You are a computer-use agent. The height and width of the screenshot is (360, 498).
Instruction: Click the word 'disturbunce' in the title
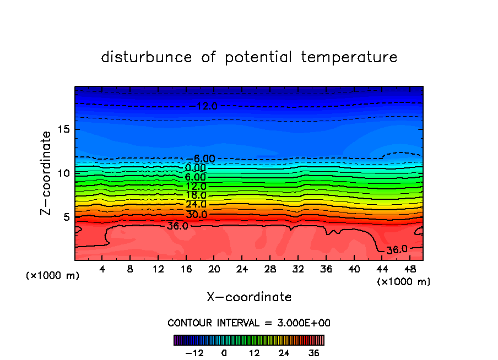(147, 57)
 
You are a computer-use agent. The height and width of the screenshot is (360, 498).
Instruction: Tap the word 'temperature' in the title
(349, 57)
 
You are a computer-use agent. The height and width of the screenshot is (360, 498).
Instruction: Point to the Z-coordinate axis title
(46, 173)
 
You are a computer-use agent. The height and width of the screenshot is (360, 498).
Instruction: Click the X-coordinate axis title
(249, 297)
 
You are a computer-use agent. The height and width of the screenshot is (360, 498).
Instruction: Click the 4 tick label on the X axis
(102, 269)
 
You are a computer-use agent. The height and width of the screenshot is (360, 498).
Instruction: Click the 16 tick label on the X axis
(186, 269)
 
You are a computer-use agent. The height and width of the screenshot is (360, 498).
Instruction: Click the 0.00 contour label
(196, 168)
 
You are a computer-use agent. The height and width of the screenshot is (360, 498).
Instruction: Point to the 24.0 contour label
(196, 204)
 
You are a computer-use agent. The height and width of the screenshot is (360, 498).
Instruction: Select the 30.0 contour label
(196, 214)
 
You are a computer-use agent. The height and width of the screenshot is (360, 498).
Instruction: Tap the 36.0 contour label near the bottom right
(397, 249)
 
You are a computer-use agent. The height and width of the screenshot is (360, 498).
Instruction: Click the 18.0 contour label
(196, 195)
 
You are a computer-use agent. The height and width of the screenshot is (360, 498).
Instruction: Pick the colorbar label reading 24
(284, 353)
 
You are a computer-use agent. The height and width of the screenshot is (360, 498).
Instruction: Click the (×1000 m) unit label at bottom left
(53, 276)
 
